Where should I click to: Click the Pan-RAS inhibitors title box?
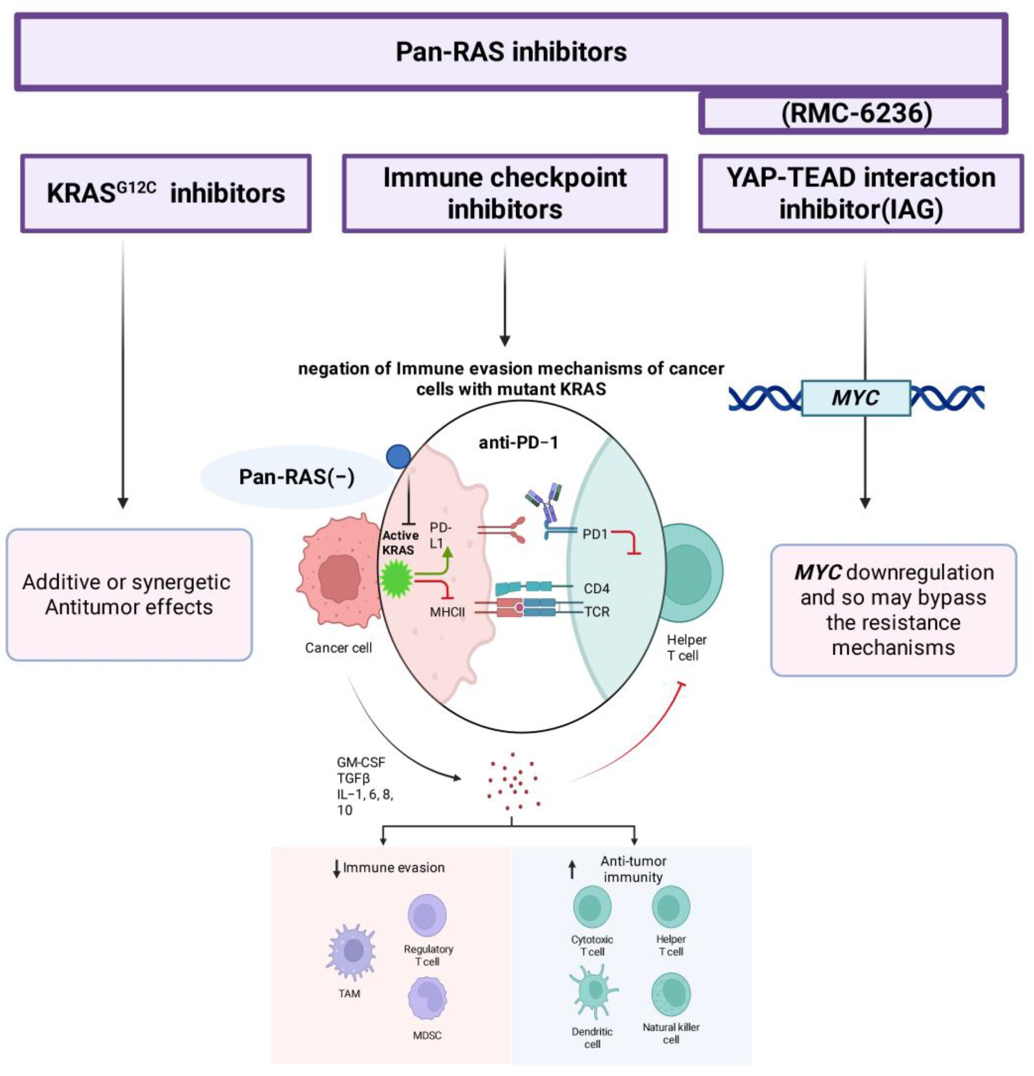coord(511,52)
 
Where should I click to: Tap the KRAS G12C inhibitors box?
coord(166,193)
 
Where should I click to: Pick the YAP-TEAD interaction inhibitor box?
coord(861,193)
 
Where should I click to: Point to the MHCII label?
coord(447,612)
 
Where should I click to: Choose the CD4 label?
coord(596,588)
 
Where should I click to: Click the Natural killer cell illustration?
coord(671,994)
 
